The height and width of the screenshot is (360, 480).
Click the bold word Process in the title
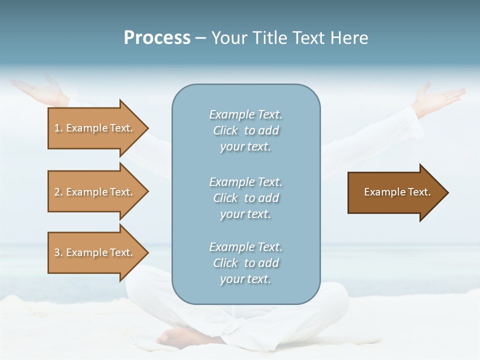(157, 38)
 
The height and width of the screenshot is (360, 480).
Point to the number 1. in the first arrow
(58, 128)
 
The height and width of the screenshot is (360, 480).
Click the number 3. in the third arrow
(58, 253)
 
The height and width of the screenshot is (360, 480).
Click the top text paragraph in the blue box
(245, 130)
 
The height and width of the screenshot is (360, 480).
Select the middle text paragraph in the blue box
(245, 198)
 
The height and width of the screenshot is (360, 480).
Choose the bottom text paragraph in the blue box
(245, 263)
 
